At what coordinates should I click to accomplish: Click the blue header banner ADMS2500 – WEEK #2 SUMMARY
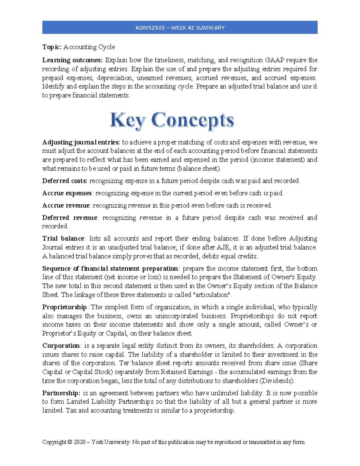[180, 28]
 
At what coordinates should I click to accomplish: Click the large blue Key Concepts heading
[172, 121]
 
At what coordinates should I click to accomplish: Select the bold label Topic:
[52, 47]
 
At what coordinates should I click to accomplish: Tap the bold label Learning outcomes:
[72, 60]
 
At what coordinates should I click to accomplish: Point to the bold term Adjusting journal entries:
[81, 142]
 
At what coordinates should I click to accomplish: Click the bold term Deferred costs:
[65, 181]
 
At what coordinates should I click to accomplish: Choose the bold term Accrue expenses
[67, 193]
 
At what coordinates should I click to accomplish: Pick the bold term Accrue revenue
[66, 206]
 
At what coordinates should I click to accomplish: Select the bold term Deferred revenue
[70, 218]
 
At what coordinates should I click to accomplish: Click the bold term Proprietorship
[64, 307]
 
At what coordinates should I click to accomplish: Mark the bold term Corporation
[61, 346]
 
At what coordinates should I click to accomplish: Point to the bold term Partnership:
[61, 393]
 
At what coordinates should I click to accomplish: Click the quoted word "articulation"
[212, 295]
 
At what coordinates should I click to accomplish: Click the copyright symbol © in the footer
[70, 442]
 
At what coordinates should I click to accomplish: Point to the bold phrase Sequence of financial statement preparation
[110, 269]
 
